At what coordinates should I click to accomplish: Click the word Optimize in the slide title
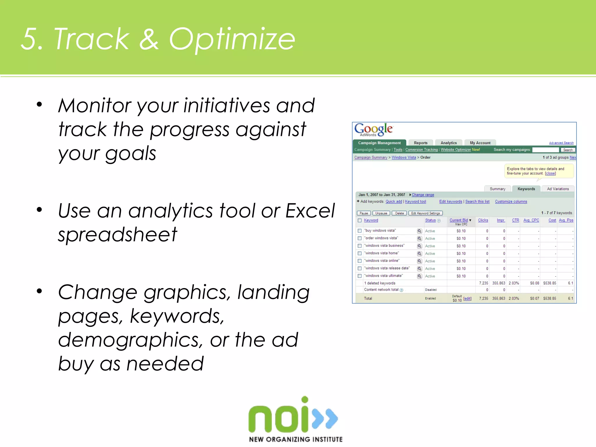pyautogui.click(x=232, y=39)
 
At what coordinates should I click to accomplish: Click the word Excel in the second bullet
pyautogui.click(x=310, y=210)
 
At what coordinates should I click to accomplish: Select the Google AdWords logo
pyautogui.click(x=373, y=130)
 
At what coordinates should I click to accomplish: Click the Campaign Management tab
pyautogui.click(x=379, y=143)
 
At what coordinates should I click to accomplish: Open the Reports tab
pyautogui.click(x=421, y=143)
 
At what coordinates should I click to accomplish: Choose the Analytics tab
pyautogui.click(x=448, y=143)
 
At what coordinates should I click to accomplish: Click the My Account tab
pyautogui.click(x=480, y=143)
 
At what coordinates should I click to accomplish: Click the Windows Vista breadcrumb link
pyautogui.click(x=404, y=157)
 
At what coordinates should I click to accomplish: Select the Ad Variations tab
pyautogui.click(x=558, y=189)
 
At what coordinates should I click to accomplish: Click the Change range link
pyautogui.click(x=423, y=195)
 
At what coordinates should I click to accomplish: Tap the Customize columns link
pyautogui.click(x=511, y=201)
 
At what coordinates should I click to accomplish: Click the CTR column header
pyautogui.click(x=515, y=220)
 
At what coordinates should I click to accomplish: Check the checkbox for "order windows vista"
pyautogui.click(x=360, y=238)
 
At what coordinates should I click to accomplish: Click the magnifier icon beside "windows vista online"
pyautogui.click(x=419, y=261)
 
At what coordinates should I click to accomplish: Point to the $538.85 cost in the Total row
pyautogui.click(x=549, y=299)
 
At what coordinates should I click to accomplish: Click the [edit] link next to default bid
pyautogui.click(x=467, y=299)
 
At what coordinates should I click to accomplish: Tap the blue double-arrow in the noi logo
pyautogui.click(x=325, y=418)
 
